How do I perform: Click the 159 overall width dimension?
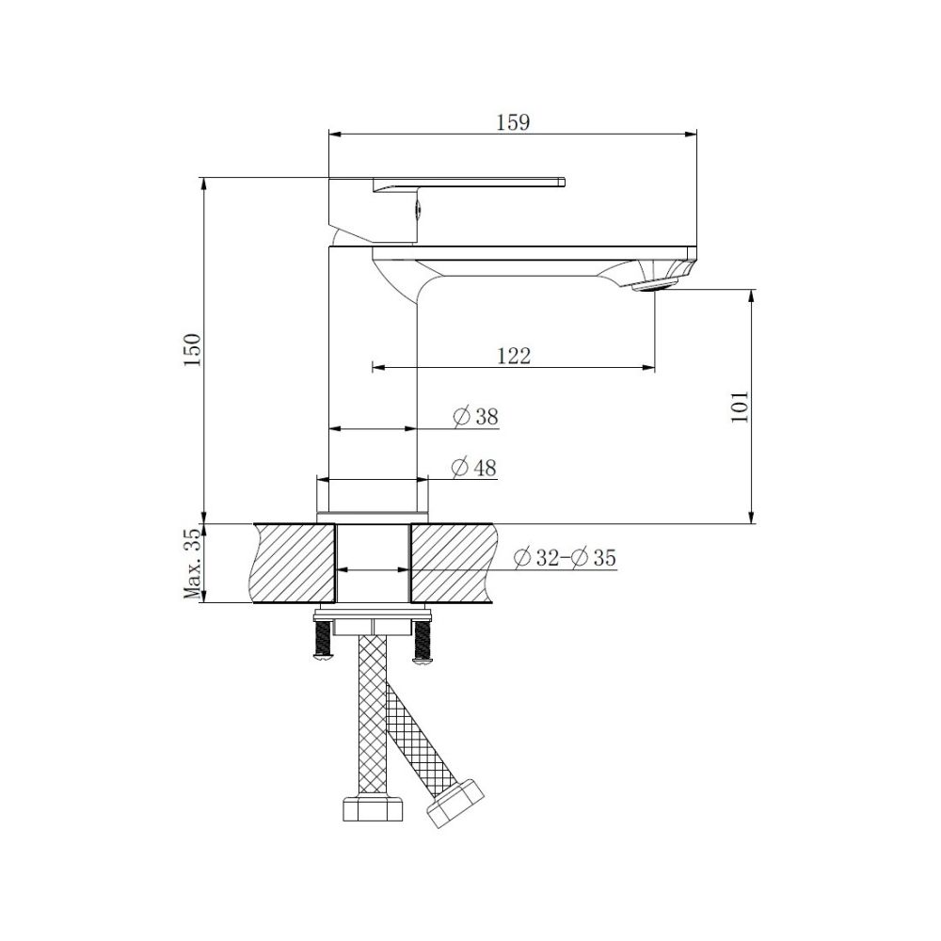(514, 122)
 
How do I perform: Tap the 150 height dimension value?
(193, 349)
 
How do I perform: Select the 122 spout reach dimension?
(514, 356)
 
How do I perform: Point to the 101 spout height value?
(740, 406)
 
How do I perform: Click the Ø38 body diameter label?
(475, 417)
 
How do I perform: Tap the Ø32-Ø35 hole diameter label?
(565, 558)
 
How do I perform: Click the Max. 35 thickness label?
(193, 564)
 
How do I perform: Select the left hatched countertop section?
(295, 563)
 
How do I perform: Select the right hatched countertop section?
(451, 563)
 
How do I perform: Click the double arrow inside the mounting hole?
(373, 570)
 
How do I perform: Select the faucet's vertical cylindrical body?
(372, 367)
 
